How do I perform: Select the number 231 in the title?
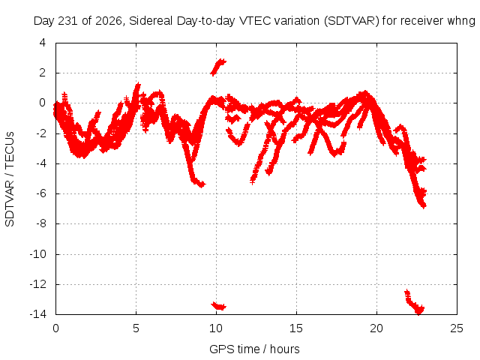pos(68,21)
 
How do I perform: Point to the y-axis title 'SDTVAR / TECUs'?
pos(10,179)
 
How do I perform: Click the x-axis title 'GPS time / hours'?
pos(254,349)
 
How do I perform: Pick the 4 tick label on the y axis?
pos(43,43)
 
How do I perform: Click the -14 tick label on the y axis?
pos(38,313)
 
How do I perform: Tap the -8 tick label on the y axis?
pos(41,223)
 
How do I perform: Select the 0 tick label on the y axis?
pos(43,103)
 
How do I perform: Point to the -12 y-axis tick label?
pos(38,283)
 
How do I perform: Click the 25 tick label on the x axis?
pos(457,328)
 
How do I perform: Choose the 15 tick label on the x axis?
pos(296,328)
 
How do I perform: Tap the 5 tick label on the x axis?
pos(136,328)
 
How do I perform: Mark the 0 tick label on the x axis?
pos(55,328)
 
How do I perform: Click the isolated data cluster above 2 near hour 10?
pos(218,67)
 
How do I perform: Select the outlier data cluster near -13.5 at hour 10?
pos(218,306)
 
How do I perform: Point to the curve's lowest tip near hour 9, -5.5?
pos(202,185)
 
